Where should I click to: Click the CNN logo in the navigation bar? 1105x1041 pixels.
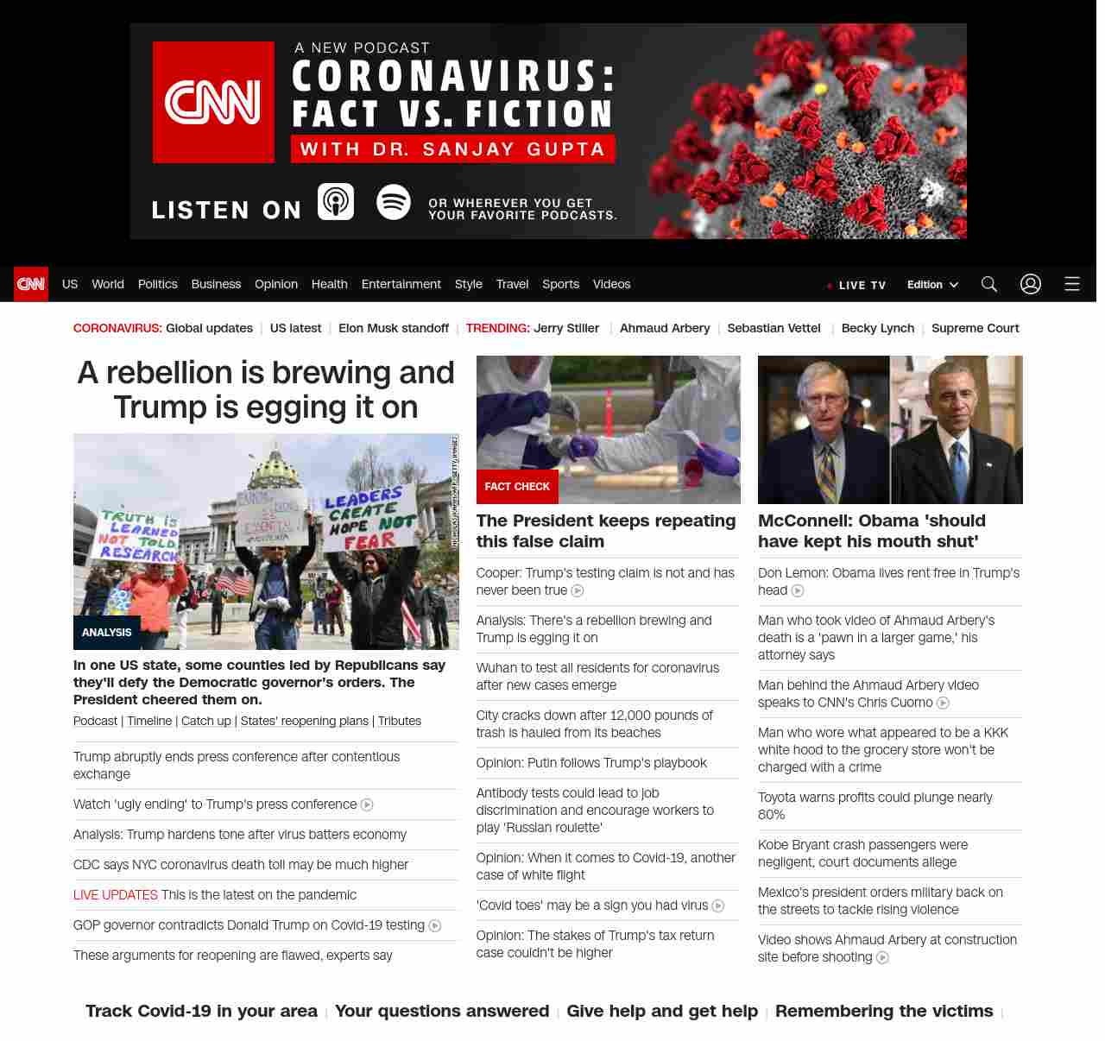coord(31,284)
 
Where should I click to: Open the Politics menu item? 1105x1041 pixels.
coord(157,284)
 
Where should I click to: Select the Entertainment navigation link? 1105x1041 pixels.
coord(401,284)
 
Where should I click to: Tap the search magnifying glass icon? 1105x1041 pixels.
coord(989,284)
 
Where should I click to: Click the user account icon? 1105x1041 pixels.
coord(1031,284)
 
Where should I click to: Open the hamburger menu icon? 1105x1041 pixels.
coord(1072,284)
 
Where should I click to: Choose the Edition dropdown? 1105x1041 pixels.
coord(932,285)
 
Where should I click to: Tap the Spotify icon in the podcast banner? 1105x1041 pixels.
coord(394,202)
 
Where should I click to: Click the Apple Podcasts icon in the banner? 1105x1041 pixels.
coord(336,202)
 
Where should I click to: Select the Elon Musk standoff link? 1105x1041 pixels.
coord(394,328)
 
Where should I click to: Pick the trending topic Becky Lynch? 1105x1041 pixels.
coord(877,328)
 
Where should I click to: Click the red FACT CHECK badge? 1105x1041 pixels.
coord(517,487)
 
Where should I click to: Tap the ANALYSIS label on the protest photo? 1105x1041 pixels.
coord(107,633)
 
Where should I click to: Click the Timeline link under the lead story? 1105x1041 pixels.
coord(149,721)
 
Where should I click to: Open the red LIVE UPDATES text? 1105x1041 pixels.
coord(116,895)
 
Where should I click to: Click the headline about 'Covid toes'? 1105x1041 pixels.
coord(592,905)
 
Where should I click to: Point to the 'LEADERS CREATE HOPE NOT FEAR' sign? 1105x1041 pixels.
coord(368,519)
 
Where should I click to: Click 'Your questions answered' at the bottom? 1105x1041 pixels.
coord(442,1011)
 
